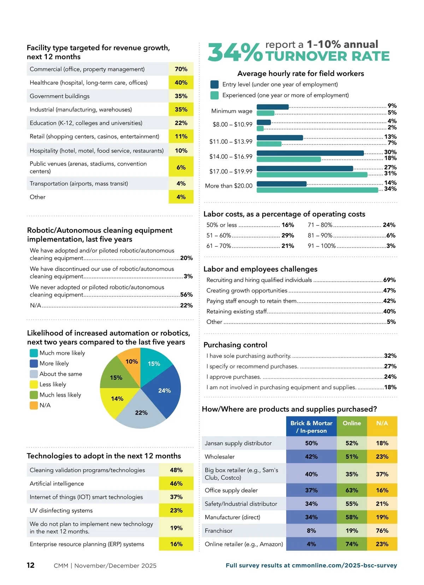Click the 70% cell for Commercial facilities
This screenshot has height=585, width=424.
181,69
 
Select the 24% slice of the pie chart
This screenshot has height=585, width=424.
164,391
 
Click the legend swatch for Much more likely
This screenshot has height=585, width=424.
34,353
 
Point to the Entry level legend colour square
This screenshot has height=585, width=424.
214,84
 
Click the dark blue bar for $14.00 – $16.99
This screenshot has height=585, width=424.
310,153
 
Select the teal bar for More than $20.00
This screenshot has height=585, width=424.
317,190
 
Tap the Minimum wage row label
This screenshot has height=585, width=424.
232,111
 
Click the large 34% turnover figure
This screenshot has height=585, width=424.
235,53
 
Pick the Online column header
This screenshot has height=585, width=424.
352,423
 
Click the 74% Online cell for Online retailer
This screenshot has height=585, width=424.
352,544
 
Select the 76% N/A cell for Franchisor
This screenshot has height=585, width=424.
382,531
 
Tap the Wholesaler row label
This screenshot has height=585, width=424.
219,457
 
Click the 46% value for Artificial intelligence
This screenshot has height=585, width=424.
176,483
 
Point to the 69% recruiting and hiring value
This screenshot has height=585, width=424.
389,280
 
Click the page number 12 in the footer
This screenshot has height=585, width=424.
31,565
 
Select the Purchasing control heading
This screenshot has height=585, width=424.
235,345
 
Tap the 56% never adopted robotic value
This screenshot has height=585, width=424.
186,295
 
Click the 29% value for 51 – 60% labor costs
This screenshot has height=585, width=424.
288,235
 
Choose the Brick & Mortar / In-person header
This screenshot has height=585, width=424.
311,427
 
